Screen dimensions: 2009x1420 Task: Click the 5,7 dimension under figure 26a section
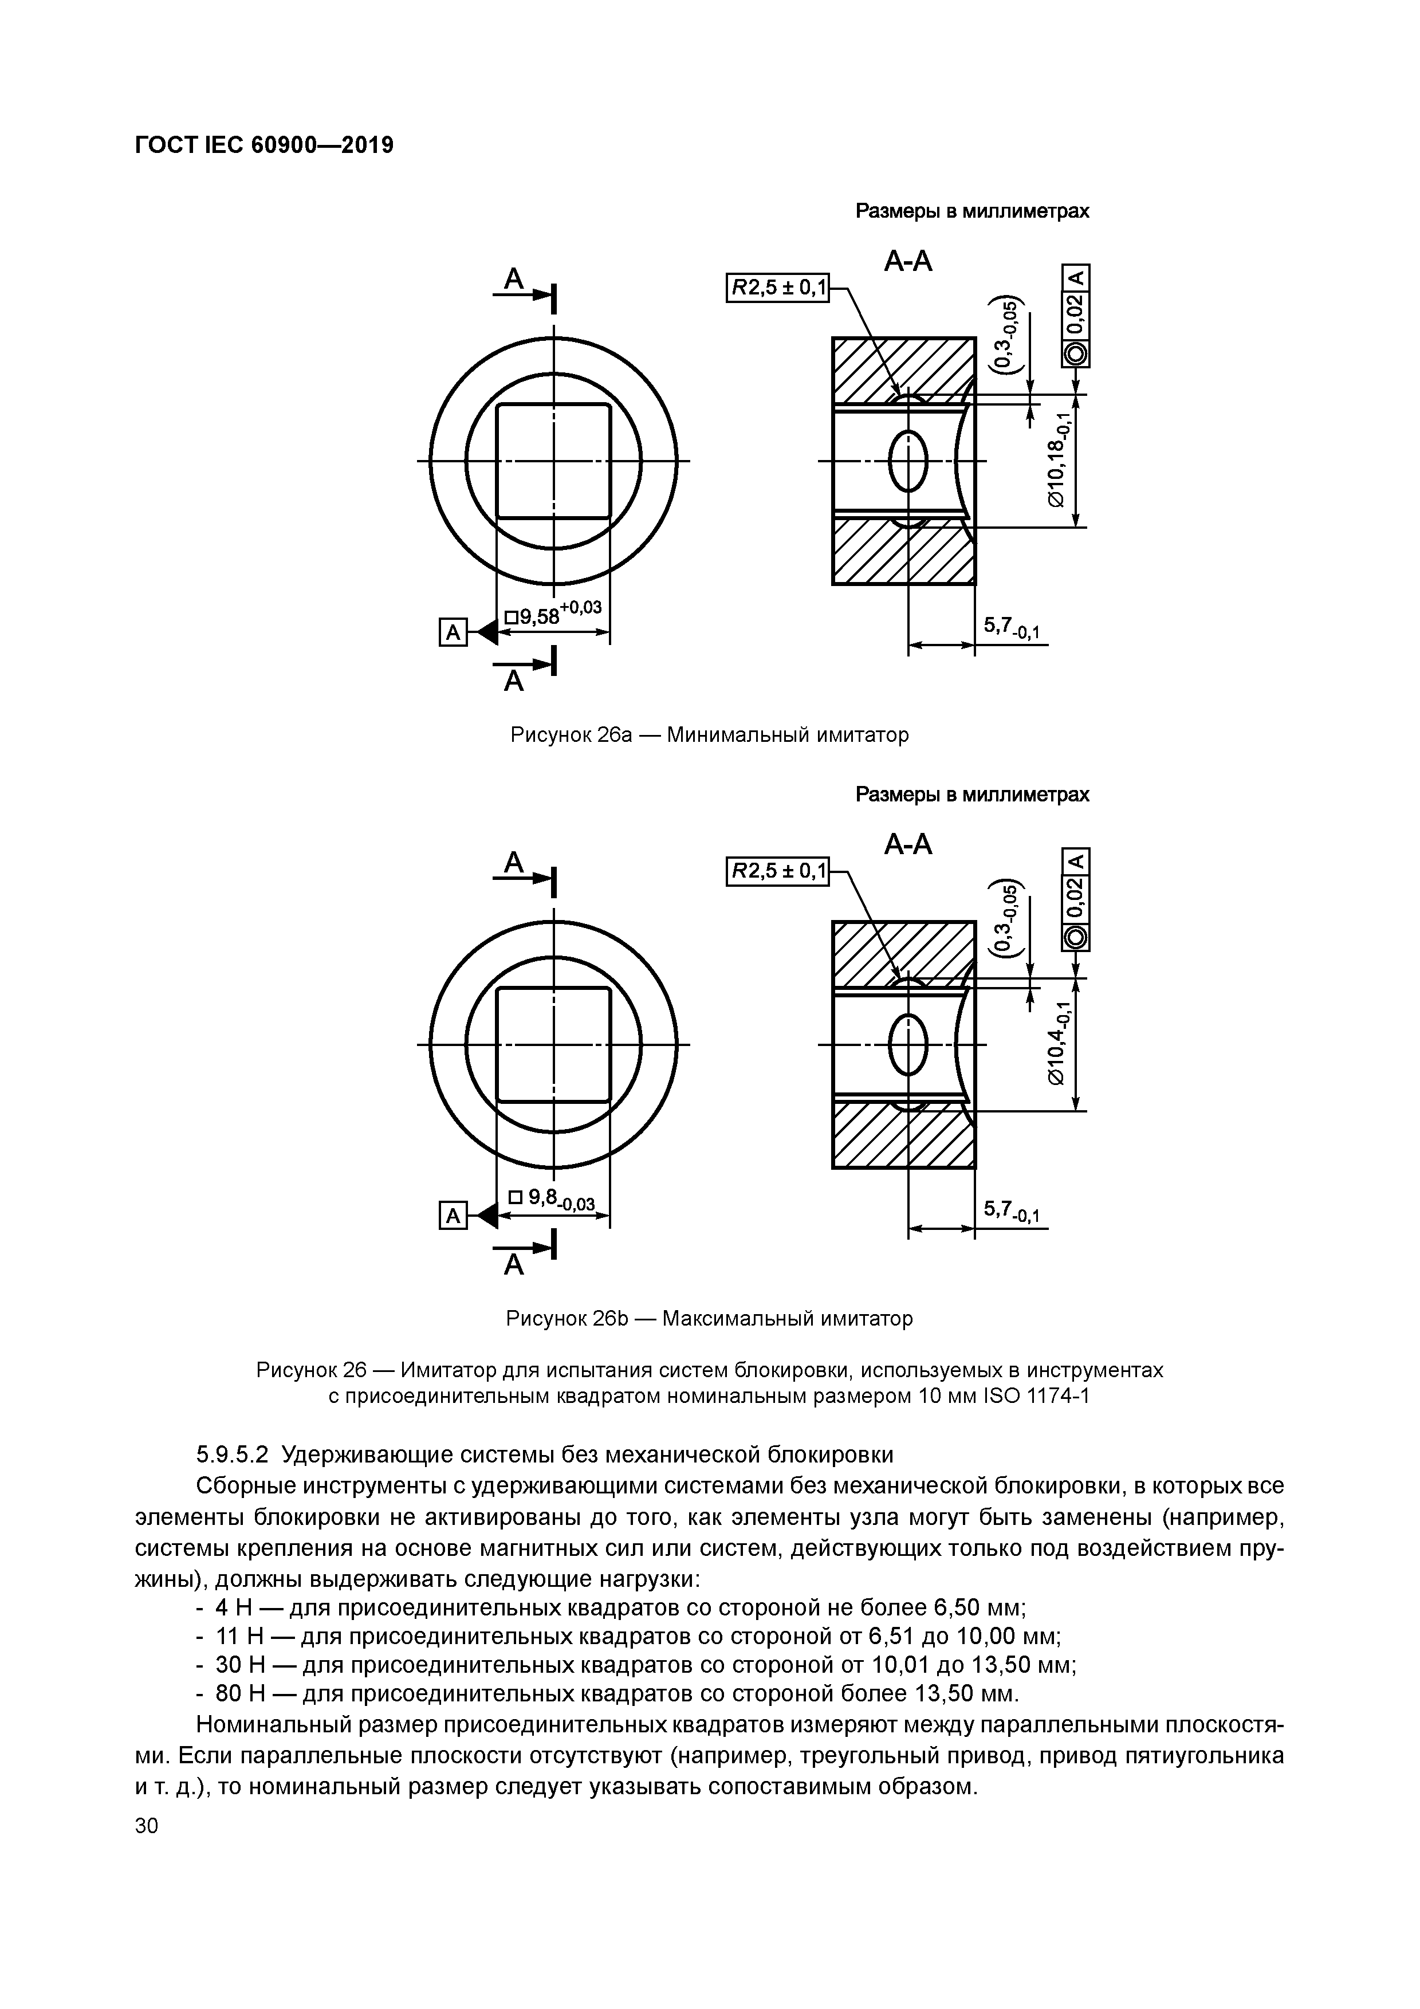[1010, 627]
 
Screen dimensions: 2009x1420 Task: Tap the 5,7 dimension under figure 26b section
[1010, 1211]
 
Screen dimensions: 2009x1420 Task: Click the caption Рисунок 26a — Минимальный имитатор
[710, 735]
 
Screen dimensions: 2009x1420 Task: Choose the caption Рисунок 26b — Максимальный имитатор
[710, 1318]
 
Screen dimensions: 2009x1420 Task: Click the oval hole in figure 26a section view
[908, 460]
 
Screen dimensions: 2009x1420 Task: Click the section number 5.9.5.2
[232, 1454]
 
